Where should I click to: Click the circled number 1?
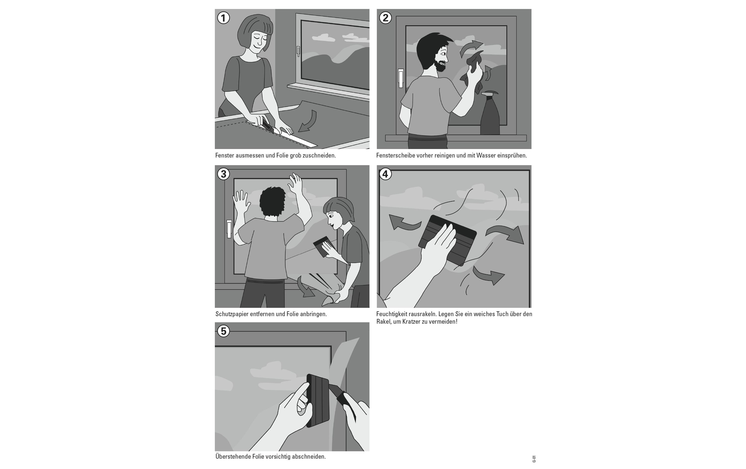coord(223,18)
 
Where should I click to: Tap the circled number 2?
coord(385,18)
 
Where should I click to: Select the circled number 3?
coord(223,174)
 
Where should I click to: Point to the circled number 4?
coord(385,174)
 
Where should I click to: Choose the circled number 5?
coord(223,331)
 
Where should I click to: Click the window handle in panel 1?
coord(298,51)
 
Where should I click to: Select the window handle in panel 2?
coord(401,78)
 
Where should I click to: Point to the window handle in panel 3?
coord(229,229)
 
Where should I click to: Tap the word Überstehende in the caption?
coord(233,456)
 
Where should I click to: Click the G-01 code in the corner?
coord(534,459)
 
